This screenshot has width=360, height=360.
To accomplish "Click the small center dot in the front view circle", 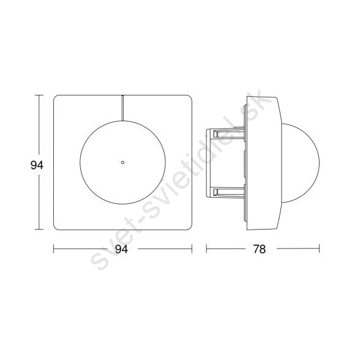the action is pyautogui.click(x=122, y=162).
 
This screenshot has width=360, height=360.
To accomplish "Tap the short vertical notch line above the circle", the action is pyautogui.click(x=123, y=108).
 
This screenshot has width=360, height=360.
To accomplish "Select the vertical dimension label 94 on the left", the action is pyautogui.click(x=37, y=165).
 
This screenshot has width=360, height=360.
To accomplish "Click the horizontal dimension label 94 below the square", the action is pyautogui.click(x=121, y=249).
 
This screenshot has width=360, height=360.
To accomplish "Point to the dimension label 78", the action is pyautogui.click(x=259, y=249).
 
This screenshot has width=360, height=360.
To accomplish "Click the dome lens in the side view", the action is pyautogui.click(x=301, y=163).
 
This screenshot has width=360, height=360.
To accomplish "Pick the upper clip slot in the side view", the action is pyautogui.click(x=229, y=133).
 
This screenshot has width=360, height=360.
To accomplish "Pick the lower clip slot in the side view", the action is pyautogui.click(x=229, y=192).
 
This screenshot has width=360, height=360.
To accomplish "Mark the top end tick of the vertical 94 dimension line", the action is pyautogui.click(x=39, y=96).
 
